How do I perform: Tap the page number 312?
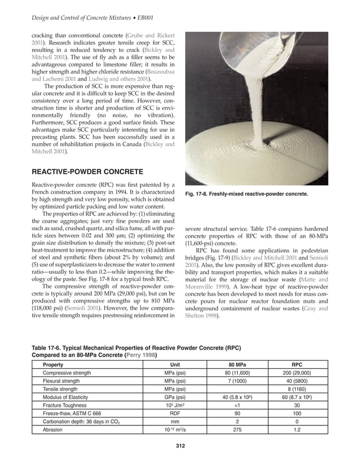[179, 446]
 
